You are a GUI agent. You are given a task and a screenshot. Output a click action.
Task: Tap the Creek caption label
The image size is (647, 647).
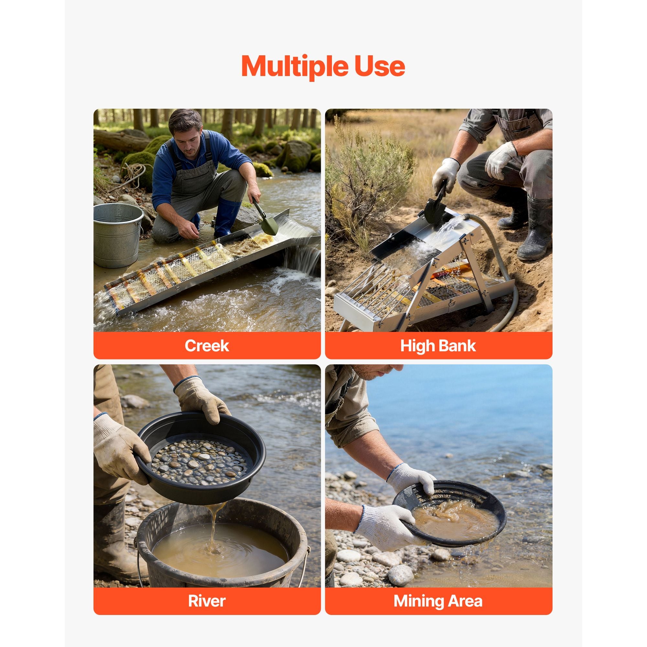(x=207, y=345)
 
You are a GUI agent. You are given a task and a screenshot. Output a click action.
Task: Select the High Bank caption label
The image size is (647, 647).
(x=438, y=345)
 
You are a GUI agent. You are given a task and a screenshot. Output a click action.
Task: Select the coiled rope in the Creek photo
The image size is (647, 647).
(x=134, y=174)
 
